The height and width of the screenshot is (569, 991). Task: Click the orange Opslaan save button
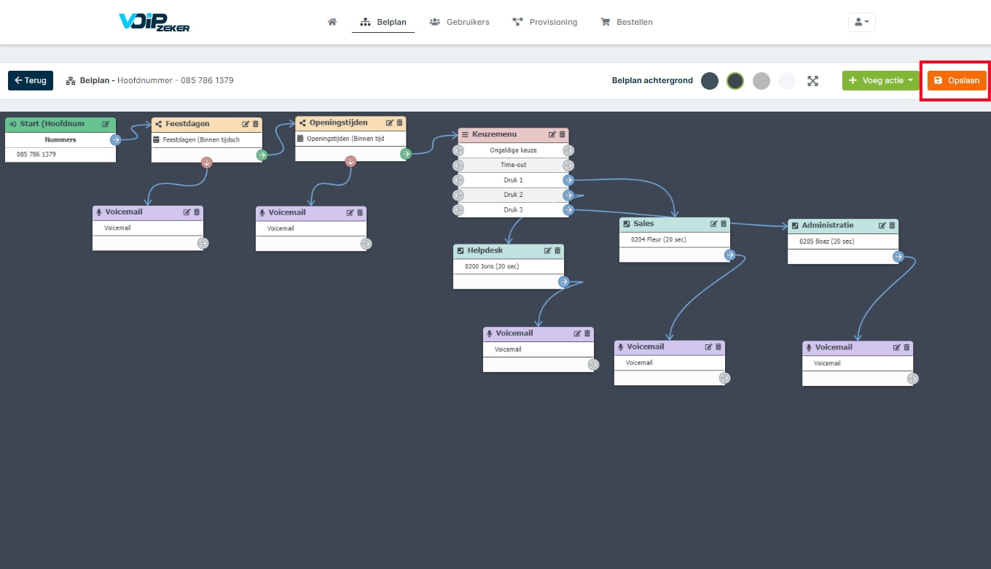point(957,80)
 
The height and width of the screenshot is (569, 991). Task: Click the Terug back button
point(31,80)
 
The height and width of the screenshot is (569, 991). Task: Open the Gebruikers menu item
point(460,22)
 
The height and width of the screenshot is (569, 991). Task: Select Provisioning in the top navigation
point(544,22)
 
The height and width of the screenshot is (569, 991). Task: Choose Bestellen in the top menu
point(627,22)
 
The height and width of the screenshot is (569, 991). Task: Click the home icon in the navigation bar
point(332,22)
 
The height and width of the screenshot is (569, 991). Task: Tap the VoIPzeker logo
point(154,22)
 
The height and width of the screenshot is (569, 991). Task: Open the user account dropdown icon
point(861,22)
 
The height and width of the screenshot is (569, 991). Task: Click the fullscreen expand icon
point(812,81)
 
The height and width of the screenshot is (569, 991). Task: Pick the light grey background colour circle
point(761,81)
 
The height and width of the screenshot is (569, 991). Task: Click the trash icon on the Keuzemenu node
point(563,134)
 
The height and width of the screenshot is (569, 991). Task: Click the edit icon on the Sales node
point(713,224)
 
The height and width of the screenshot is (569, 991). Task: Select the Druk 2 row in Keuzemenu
point(513,195)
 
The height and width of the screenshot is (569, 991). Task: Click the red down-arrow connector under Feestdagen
point(207,163)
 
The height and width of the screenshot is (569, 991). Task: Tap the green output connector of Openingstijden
point(406,154)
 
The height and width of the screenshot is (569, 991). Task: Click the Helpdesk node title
point(485,250)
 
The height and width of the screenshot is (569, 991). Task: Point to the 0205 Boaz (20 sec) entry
point(826,241)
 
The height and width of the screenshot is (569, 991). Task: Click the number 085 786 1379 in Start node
point(36,154)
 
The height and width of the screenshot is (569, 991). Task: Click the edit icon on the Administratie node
point(882,225)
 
